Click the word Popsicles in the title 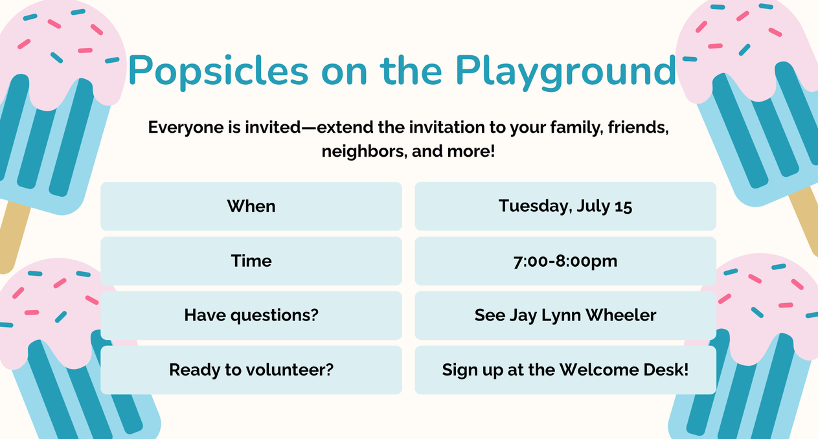(218, 71)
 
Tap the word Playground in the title (565, 71)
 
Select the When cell (251, 207)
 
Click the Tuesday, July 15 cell (565, 207)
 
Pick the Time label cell (251, 261)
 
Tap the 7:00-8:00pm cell (565, 261)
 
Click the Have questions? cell (251, 315)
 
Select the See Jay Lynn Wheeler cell (565, 315)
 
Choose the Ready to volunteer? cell (251, 370)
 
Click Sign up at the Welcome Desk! (565, 370)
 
